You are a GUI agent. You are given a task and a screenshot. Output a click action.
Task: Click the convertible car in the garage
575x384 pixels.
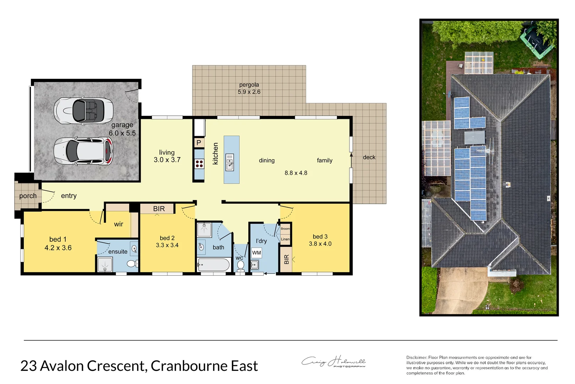pyautogui.click(x=83, y=111)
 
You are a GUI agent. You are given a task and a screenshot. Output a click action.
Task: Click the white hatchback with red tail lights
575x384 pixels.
pyautogui.click(x=83, y=151)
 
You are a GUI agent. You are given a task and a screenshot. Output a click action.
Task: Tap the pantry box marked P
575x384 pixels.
pyautogui.click(x=199, y=143)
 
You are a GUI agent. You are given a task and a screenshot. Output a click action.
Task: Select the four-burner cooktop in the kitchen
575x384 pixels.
pyautogui.click(x=199, y=164)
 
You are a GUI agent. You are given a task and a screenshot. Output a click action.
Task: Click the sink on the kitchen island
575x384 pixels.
pyautogui.click(x=230, y=162)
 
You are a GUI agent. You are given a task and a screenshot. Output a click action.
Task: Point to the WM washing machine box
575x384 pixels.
pyautogui.click(x=256, y=253)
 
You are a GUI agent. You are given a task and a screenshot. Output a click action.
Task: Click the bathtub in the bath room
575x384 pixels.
pyautogui.click(x=214, y=265)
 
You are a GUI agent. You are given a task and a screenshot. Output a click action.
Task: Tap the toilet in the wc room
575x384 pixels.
pyautogui.click(x=240, y=265)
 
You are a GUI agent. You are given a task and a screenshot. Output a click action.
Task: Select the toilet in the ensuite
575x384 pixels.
pyautogui.click(x=132, y=263)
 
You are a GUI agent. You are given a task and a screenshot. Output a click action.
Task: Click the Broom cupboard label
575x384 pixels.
pyautogui.click(x=285, y=229)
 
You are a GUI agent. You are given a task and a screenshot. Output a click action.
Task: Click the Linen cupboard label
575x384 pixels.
pyautogui.click(x=285, y=239)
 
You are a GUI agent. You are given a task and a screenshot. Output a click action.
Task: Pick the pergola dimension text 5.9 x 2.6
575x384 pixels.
pyautogui.click(x=249, y=92)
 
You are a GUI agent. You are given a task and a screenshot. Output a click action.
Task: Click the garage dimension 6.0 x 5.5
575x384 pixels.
pyautogui.click(x=122, y=133)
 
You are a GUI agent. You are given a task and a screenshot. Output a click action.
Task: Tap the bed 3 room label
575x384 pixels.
pyautogui.click(x=320, y=236)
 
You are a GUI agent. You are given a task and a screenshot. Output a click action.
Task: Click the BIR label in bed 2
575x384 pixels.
pyautogui.click(x=159, y=209)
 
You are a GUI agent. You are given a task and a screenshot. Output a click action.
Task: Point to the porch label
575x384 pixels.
pyautogui.click(x=28, y=196)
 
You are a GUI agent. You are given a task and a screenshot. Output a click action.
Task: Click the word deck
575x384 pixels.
pyautogui.click(x=369, y=157)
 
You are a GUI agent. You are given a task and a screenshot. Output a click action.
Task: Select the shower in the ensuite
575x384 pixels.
pyautogui.click(x=105, y=265)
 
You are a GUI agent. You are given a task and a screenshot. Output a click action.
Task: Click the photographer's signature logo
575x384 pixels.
pyautogui.click(x=333, y=362)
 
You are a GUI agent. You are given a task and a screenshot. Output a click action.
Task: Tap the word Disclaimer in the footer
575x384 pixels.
pyautogui.click(x=416, y=357)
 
